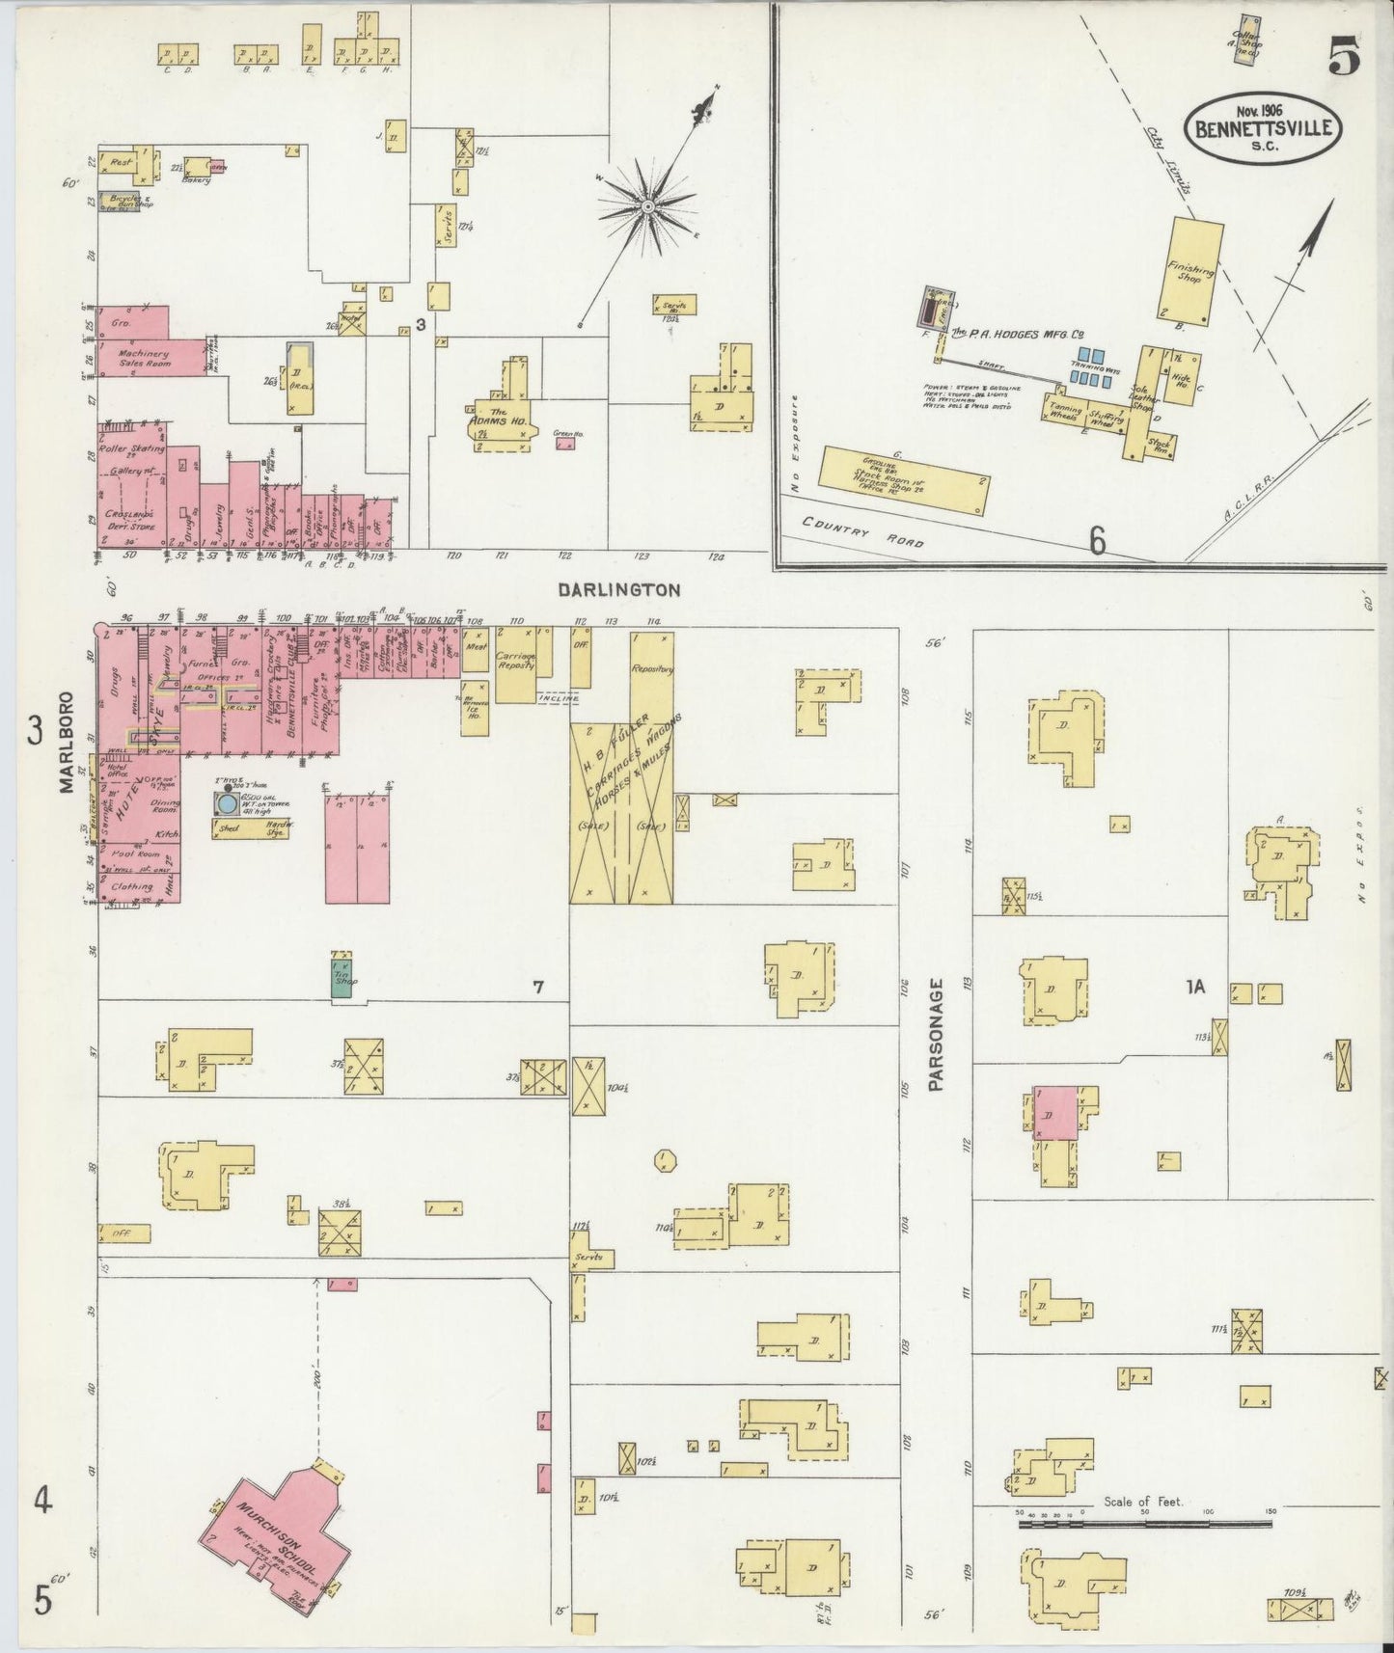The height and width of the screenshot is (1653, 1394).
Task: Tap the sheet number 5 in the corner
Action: pos(1343,59)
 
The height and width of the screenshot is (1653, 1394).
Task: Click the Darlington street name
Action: pos(619,589)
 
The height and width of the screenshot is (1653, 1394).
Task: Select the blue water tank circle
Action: pos(227,802)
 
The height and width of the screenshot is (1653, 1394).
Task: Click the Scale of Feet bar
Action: pos(1144,1525)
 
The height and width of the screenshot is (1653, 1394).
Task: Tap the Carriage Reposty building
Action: pos(516,664)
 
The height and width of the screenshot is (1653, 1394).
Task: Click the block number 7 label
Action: pos(538,987)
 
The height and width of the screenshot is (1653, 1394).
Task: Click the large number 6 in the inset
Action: pos(1097,542)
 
